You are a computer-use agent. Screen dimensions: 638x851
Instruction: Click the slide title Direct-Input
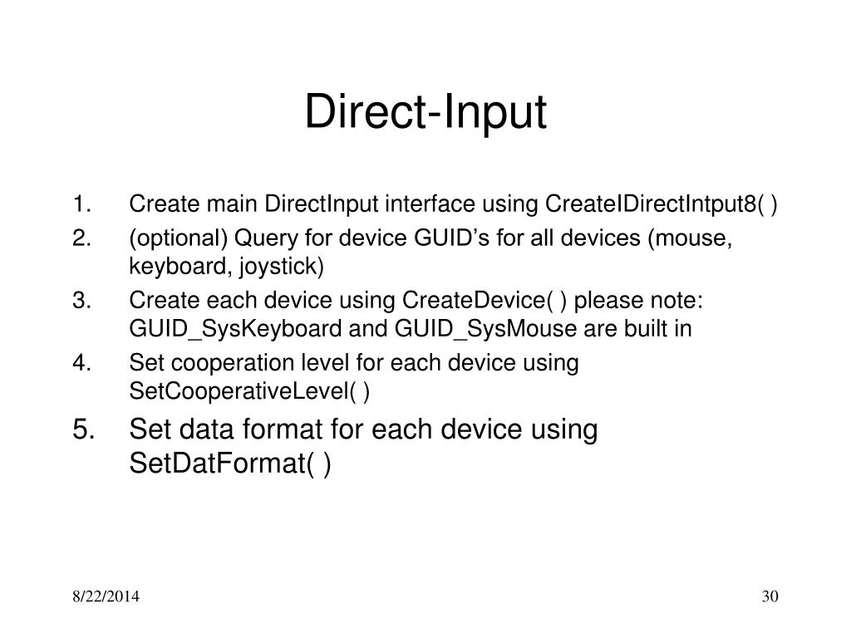[425, 114]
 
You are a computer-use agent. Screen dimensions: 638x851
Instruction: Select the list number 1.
[81, 204]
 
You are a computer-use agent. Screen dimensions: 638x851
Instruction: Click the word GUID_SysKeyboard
[235, 329]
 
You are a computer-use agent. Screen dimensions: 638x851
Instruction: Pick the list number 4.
[81, 363]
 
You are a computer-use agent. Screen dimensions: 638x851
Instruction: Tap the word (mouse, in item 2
[691, 239]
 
